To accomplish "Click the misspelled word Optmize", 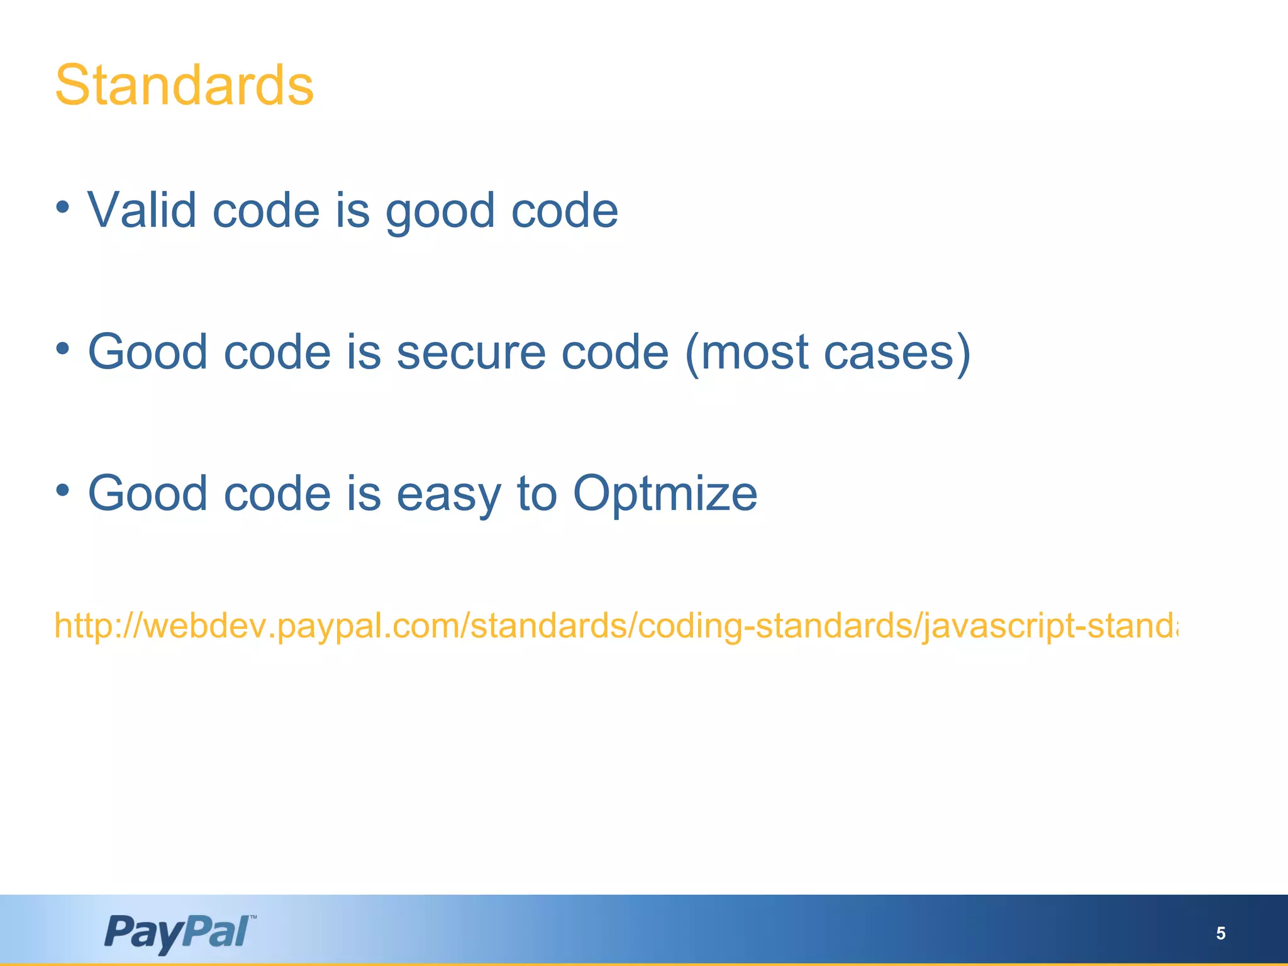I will pyautogui.click(x=665, y=494).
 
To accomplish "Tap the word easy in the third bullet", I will pyautogui.click(x=448, y=496).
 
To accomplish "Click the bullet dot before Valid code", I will pyautogui.click(x=62, y=207).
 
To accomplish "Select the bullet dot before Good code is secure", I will pyautogui.click(x=62, y=348).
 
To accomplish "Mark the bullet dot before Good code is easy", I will pyautogui.click(x=62, y=490).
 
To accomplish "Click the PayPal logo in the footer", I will pyautogui.click(x=177, y=933).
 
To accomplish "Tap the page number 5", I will pyautogui.click(x=1220, y=933).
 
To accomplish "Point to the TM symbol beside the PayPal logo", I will pyautogui.click(x=253, y=918).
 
